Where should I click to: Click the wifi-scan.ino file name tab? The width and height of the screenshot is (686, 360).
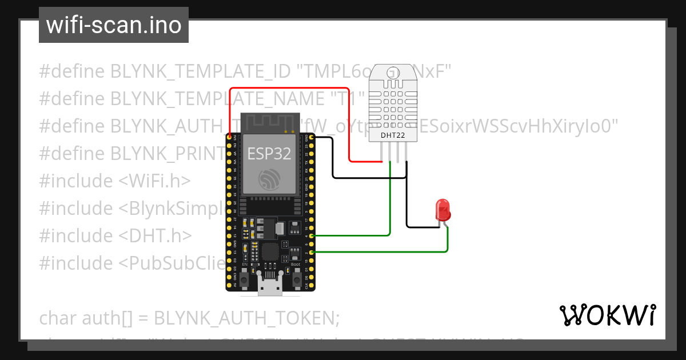click(113, 25)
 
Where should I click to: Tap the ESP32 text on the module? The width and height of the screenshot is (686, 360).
click(269, 153)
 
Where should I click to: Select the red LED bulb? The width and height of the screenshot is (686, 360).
click(443, 210)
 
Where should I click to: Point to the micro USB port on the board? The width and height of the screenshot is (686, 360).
click(270, 286)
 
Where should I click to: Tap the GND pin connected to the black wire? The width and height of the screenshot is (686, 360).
click(312, 138)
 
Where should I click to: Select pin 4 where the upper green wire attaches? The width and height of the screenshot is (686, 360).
click(312, 235)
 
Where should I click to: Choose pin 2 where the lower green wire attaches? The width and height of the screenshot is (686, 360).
click(312, 251)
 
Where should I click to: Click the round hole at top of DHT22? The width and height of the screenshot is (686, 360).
click(393, 74)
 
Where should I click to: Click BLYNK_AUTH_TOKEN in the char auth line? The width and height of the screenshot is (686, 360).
click(246, 318)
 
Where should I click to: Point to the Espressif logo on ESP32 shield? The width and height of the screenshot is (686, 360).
click(269, 179)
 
